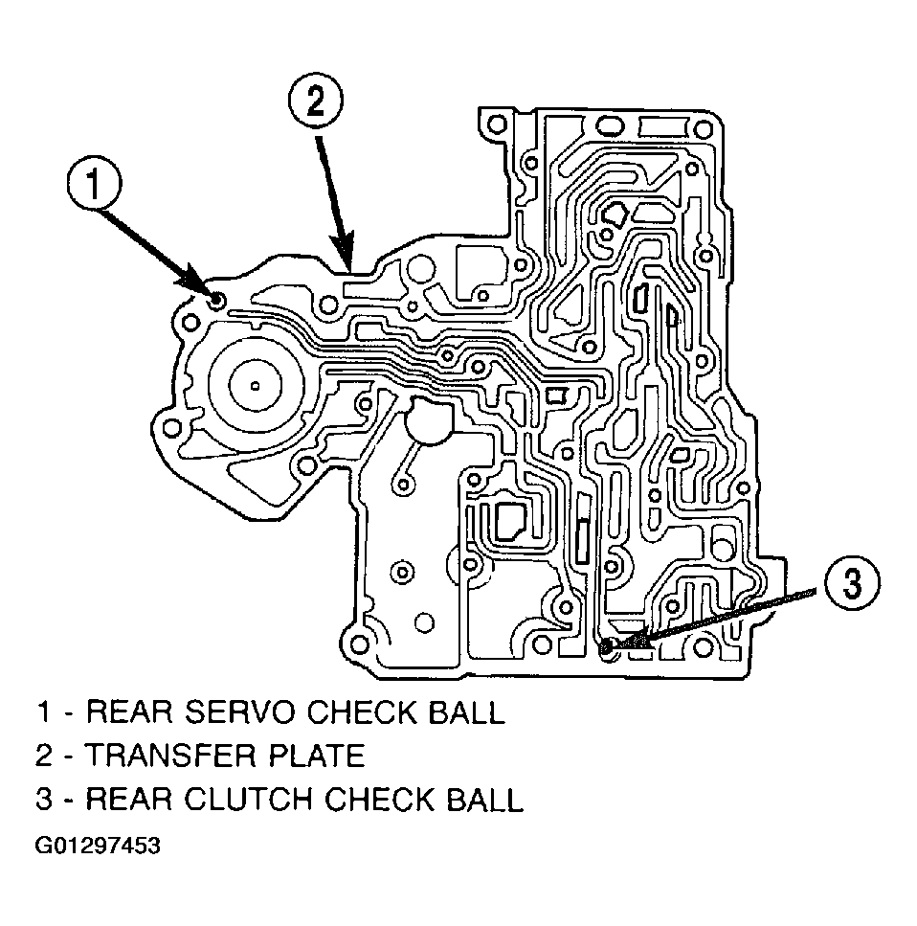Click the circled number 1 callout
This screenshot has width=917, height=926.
(x=94, y=183)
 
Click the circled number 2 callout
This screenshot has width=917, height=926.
(x=315, y=101)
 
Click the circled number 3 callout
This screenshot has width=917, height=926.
(x=852, y=582)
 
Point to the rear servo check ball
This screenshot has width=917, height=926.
(x=216, y=301)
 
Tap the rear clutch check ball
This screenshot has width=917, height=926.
(x=607, y=648)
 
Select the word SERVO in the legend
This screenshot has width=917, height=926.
(x=239, y=711)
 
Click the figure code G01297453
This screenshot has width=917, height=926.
(x=98, y=846)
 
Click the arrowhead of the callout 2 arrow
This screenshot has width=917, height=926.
(x=345, y=258)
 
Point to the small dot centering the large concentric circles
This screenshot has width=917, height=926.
(x=255, y=386)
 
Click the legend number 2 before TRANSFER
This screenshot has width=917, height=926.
(x=45, y=756)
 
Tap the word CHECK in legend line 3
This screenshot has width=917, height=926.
(x=379, y=799)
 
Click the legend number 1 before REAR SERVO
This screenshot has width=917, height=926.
(x=44, y=711)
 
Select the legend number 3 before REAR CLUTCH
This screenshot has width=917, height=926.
(x=45, y=799)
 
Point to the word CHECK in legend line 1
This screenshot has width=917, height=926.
(x=361, y=711)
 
